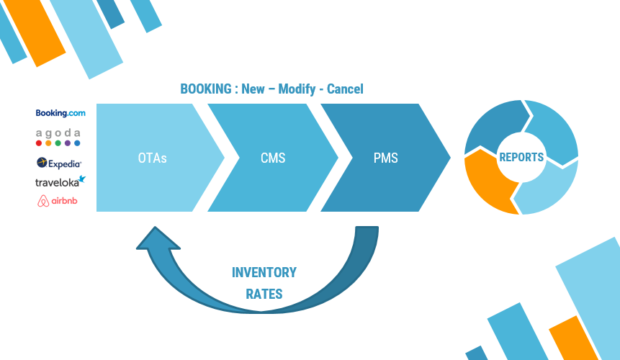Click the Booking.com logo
(x=60, y=113)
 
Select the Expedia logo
(x=59, y=163)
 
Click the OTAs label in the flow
(x=152, y=158)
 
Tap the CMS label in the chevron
(x=271, y=158)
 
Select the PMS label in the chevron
(x=385, y=158)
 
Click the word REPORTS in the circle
(x=521, y=157)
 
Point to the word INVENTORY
(x=264, y=273)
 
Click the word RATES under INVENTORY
(x=264, y=294)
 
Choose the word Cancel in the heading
(x=345, y=89)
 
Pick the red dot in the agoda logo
(x=39, y=143)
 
